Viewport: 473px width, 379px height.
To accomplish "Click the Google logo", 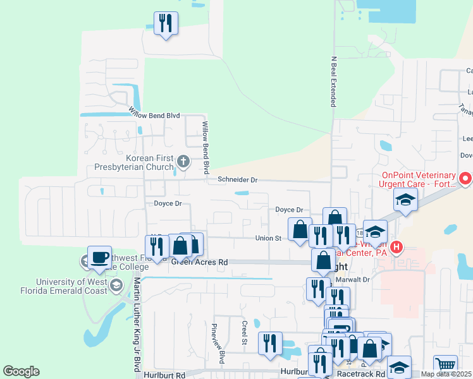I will (x=21, y=371).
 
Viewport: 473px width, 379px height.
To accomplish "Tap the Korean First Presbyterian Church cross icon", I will (x=183, y=162).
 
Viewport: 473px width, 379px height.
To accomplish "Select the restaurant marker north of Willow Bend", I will (x=166, y=24).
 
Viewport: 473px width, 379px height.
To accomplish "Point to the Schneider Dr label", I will (x=237, y=180).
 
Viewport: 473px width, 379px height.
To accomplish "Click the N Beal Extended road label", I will (x=333, y=82).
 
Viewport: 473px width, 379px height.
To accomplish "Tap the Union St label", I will (x=267, y=238).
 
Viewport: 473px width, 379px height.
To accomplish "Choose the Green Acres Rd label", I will (x=199, y=262).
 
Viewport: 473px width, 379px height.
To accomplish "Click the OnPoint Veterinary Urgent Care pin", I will (x=465, y=179).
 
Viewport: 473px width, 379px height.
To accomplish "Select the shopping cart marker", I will (x=446, y=364).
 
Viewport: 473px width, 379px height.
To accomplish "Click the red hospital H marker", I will (x=396, y=246).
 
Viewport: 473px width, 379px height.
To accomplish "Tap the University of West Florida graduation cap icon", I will (x=116, y=286).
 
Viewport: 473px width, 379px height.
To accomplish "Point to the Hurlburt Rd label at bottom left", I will (x=164, y=375).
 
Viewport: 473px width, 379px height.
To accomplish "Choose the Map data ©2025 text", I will (x=446, y=374).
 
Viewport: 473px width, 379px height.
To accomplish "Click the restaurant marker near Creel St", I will (x=271, y=343).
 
